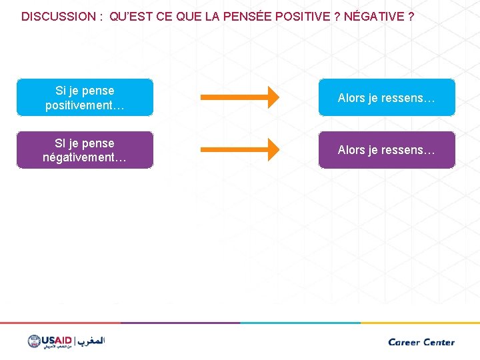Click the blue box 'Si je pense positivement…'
[x=85, y=97]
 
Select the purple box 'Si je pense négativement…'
[x=85, y=150]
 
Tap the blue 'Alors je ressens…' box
[x=387, y=97]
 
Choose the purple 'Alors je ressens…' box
[x=387, y=150]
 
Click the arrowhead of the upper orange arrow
[x=270, y=97]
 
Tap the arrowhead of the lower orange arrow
[x=270, y=150]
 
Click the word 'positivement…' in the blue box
[x=85, y=105]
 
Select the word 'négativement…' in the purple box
[x=85, y=158]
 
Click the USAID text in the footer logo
[x=57, y=339]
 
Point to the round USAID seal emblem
[x=34, y=341]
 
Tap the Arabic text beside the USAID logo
[x=91, y=341]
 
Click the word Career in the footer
[x=405, y=342]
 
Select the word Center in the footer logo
[x=439, y=342]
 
